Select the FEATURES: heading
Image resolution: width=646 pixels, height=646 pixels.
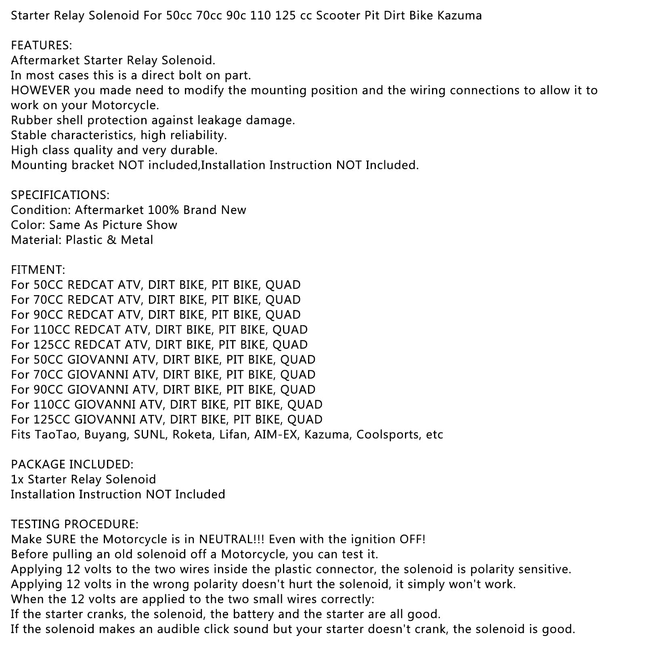[41, 45]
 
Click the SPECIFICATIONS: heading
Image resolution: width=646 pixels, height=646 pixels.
[60, 195]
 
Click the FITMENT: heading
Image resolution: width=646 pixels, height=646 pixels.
[38, 270]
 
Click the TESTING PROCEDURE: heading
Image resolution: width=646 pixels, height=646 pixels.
[75, 524]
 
